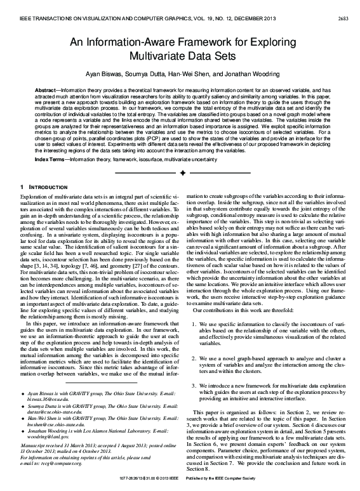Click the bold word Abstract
[46, 91]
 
